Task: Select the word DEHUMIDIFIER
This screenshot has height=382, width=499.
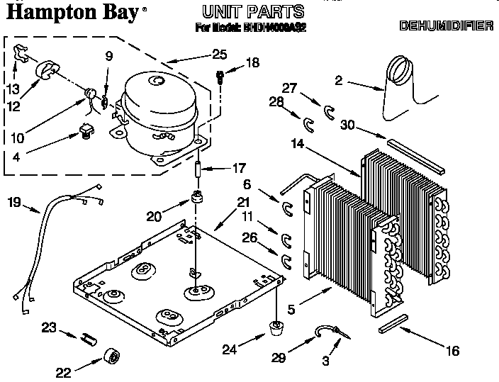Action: click(446, 27)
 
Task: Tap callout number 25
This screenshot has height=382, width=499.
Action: click(220, 54)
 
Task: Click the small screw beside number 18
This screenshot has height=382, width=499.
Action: click(220, 77)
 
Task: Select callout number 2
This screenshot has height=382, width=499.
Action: click(338, 81)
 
